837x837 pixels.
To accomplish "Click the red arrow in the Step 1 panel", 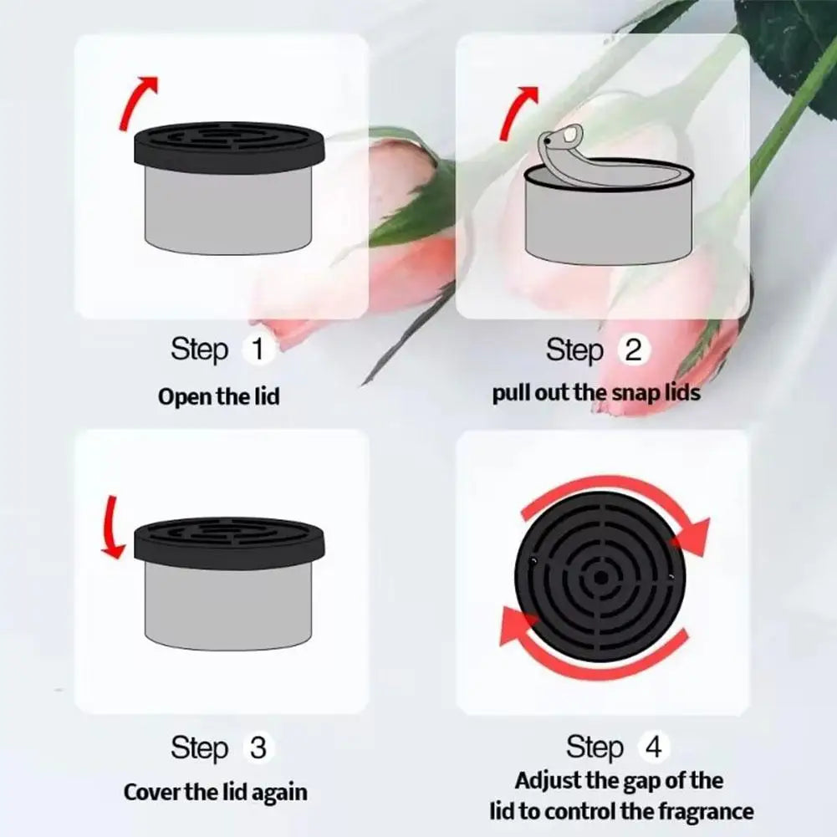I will (x=136, y=102).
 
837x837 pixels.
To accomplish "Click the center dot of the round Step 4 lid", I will (x=601, y=577).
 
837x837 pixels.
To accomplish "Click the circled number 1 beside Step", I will (x=258, y=349).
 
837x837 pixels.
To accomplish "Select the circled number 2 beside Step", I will (x=633, y=350).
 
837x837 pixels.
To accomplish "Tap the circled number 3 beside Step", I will (x=258, y=747).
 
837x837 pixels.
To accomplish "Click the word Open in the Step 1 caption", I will (x=180, y=396).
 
